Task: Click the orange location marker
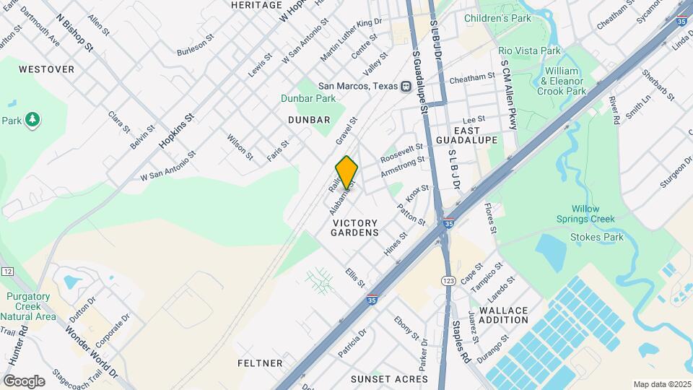346,172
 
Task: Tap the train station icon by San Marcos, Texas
406,85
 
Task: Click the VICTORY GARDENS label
355,227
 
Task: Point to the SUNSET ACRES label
389,378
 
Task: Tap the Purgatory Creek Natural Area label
28,306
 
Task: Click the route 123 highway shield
448,279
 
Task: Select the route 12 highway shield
7,271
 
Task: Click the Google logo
24,381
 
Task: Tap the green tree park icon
32,119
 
